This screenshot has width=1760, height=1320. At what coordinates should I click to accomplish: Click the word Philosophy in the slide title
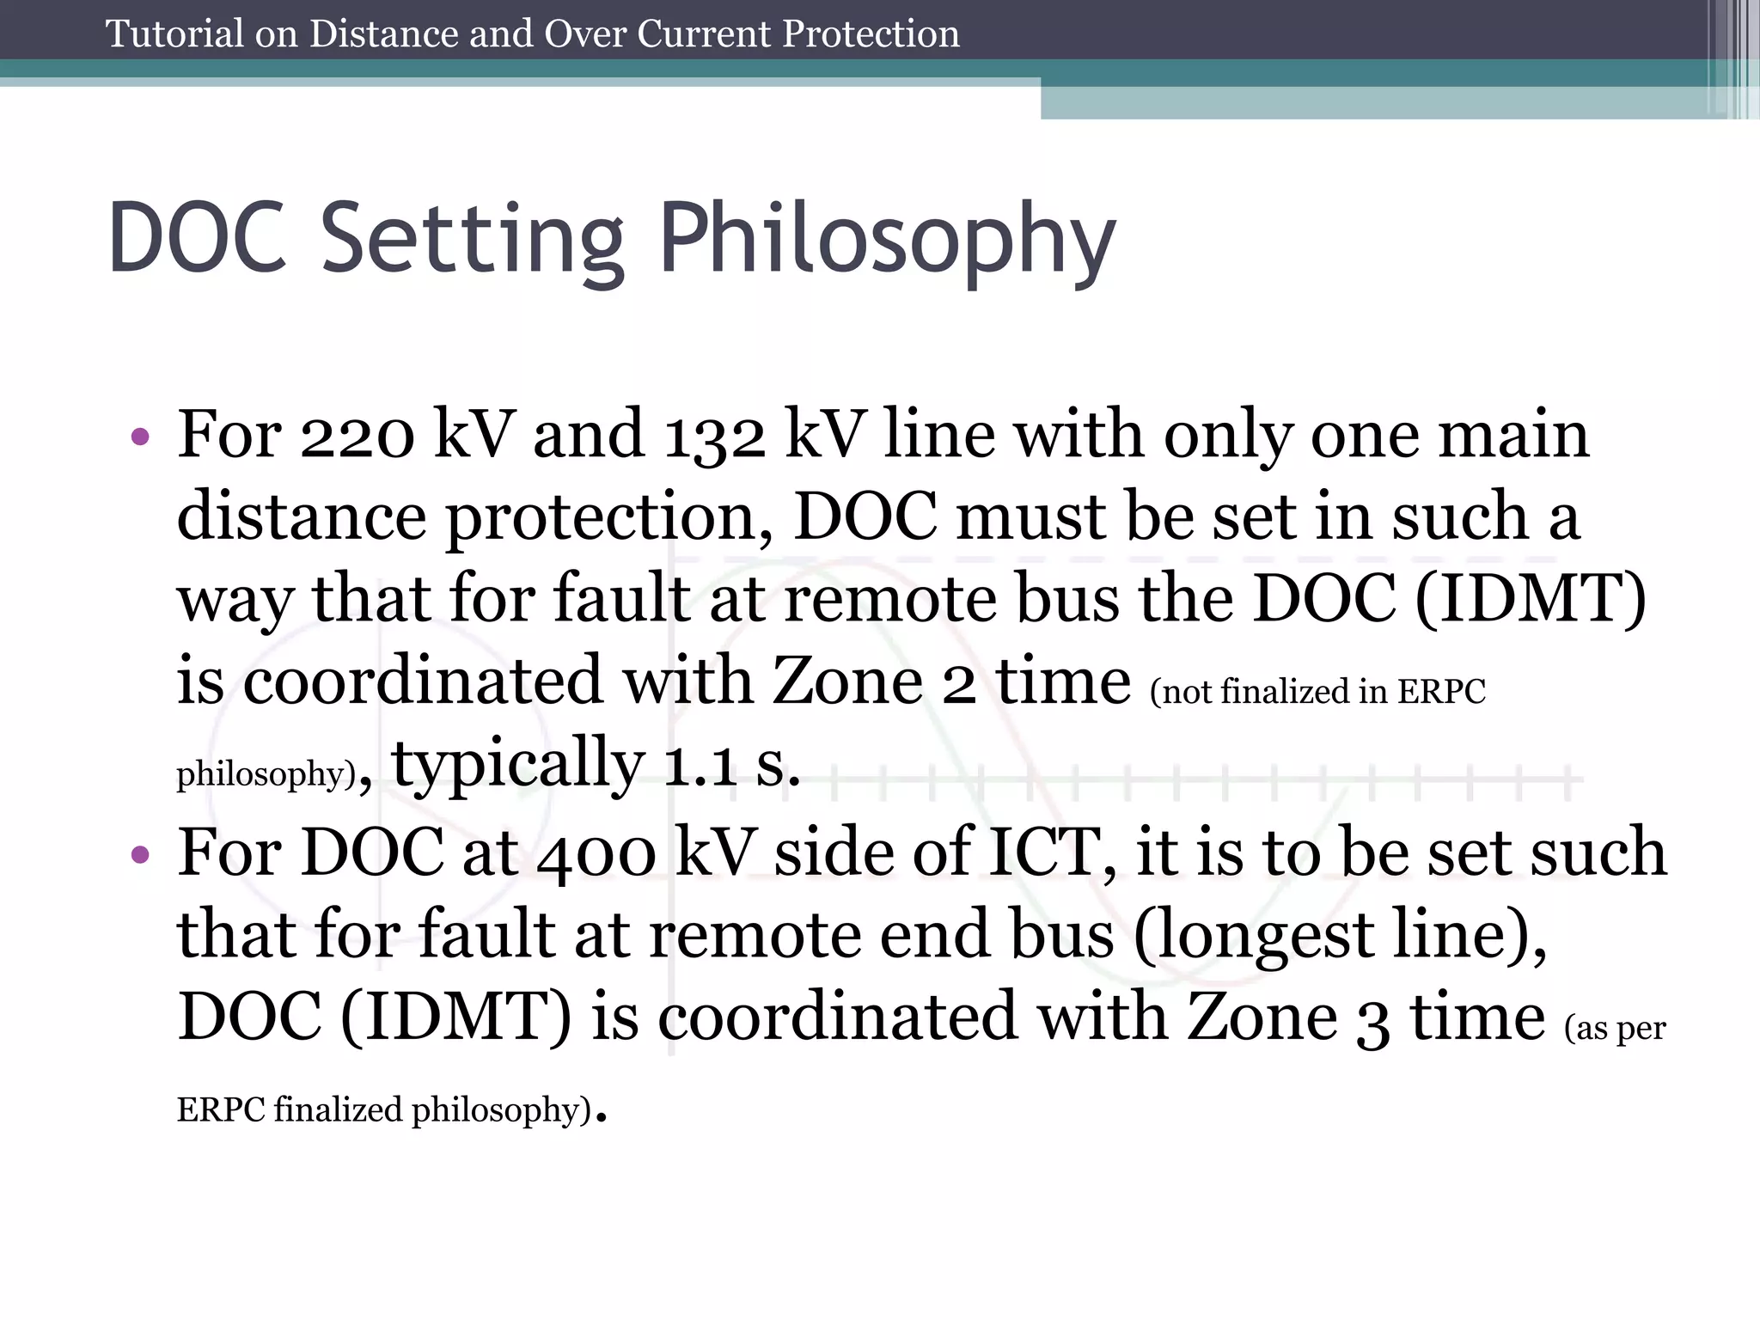886,240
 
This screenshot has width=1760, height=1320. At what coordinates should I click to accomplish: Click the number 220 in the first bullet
357,436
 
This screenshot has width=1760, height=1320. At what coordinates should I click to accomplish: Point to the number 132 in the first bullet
714,436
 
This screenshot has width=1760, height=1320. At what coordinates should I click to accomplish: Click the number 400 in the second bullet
596,854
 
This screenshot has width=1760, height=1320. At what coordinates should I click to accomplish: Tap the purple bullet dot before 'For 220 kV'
140,437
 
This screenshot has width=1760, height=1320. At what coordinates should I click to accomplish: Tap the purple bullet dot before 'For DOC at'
140,854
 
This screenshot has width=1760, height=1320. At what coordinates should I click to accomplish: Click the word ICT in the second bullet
1044,852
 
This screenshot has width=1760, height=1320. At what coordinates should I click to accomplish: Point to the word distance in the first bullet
302,516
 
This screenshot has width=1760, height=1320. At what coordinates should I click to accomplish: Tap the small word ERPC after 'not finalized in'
1441,692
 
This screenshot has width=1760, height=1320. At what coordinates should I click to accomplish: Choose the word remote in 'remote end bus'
755,935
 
